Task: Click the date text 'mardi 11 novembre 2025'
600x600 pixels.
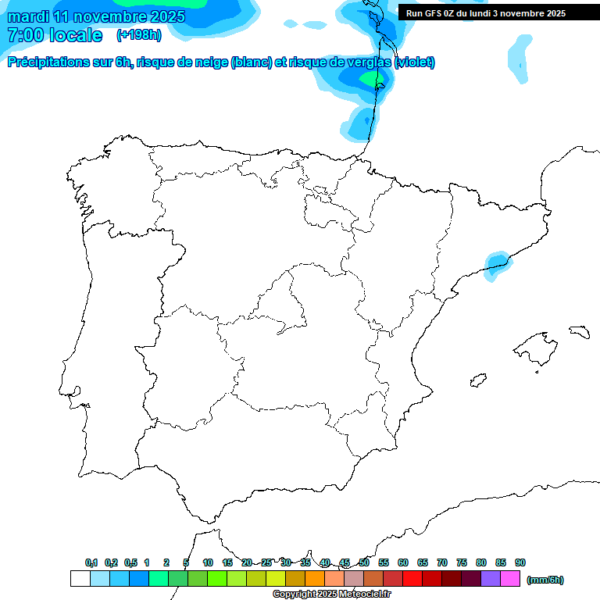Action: coord(96,16)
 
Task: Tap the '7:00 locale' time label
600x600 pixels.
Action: coord(55,35)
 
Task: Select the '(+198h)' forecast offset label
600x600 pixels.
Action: coord(138,34)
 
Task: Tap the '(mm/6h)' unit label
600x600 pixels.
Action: coord(545,580)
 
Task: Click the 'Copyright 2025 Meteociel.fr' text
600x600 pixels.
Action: coord(332,595)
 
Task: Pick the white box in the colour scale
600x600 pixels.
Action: coord(80,578)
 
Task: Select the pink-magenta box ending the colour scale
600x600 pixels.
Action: coord(510,578)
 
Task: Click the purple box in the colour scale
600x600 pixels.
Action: coord(491,578)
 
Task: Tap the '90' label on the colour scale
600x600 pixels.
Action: coord(520,562)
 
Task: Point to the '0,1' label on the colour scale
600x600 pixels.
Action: coord(91,562)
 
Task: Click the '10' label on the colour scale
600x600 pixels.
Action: coord(208,562)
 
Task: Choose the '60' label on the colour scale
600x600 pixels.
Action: coord(403,562)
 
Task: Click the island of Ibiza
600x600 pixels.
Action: coord(477,380)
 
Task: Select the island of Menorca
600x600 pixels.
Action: coord(579,331)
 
